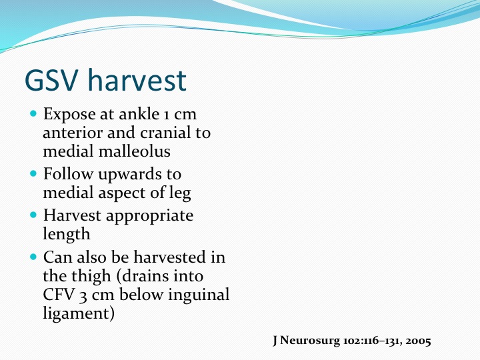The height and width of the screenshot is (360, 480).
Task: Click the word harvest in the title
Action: (x=137, y=80)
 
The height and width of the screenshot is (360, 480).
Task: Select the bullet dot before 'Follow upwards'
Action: (x=33, y=174)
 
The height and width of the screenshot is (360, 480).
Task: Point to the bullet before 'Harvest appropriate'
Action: (x=33, y=215)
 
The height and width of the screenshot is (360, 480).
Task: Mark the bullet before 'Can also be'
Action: (x=33, y=257)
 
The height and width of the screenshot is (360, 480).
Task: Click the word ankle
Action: (x=139, y=114)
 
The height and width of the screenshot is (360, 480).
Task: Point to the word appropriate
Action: (x=149, y=216)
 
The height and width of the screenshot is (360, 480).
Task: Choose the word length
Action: (x=67, y=235)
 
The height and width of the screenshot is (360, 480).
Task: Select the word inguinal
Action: (x=199, y=295)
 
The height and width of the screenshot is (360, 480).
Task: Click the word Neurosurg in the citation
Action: (x=310, y=341)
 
